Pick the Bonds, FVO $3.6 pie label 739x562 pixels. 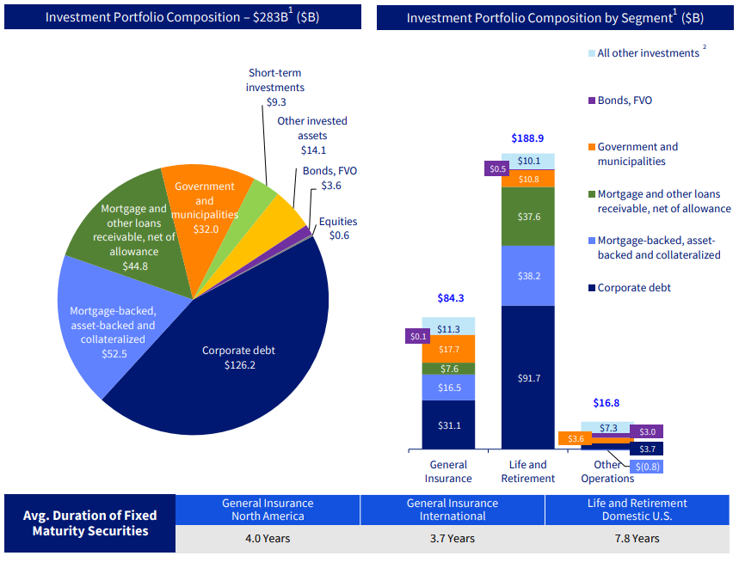point(329,178)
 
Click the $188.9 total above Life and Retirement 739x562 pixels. point(527,138)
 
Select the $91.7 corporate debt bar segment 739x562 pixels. point(527,378)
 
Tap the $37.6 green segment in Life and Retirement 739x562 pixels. point(527,217)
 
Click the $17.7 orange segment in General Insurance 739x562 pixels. point(448,349)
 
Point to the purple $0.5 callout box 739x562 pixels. point(497,169)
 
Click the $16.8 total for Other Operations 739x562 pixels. point(607,403)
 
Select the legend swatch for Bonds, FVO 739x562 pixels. point(591,101)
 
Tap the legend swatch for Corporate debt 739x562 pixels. point(591,288)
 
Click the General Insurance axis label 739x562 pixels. point(448,472)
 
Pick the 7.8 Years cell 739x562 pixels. point(637,539)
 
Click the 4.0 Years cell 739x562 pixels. point(268,539)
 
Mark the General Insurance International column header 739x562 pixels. point(453,510)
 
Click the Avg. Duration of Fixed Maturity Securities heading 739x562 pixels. point(90,522)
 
